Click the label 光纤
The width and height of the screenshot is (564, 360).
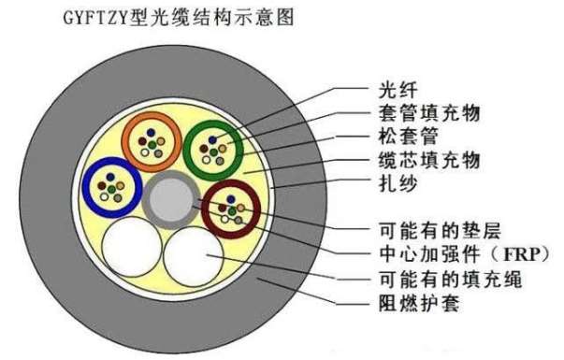[x=391, y=91]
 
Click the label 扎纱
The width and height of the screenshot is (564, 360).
[x=391, y=184]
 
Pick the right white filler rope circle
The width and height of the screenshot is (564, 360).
[x=194, y=252]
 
